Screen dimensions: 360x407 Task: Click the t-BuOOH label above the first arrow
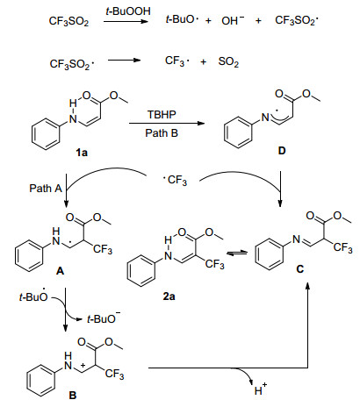[x=128, y=11]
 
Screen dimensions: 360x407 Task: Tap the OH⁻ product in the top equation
[x=233, y=20]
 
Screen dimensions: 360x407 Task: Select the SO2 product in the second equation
[x=228, y=62]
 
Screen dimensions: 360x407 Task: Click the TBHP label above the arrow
[x=162, y=114]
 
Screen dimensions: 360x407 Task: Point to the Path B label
[x=162, y=133]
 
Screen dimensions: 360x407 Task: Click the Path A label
[x=46, y=188]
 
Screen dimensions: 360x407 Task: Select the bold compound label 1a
[x=82, y=153]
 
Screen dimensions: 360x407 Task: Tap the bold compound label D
[x=282, y=151]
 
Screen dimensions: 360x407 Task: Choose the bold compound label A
[x=60, y=271]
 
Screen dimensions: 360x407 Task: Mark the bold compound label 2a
[x=169, y=296]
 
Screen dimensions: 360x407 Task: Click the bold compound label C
[x=300, y=268]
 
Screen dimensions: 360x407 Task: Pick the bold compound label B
[x=73, y=396]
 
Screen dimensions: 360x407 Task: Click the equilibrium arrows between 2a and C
[x=237, y=253]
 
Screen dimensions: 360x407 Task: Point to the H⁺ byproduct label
[x=261, y=389]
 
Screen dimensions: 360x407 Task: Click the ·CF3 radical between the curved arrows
[x=175, y=180]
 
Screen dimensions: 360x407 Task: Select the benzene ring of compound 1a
[x=46, y=134]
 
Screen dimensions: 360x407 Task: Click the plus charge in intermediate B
[x=83, y=365]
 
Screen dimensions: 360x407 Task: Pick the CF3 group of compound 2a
[x=214, y=264]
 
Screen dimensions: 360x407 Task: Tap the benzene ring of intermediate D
[x=238, y=132]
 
